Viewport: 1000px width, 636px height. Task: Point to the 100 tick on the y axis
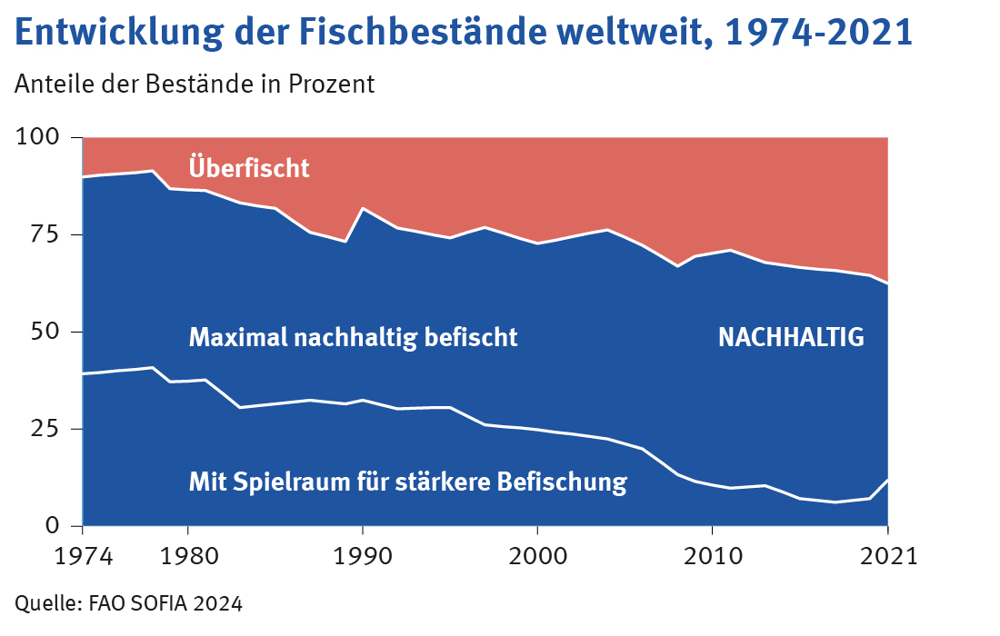pos(39,137)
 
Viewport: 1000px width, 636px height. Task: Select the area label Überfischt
pos(249,168)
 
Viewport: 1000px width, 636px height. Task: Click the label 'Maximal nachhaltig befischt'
pos(353,338)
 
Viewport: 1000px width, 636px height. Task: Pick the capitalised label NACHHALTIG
pos(791,338)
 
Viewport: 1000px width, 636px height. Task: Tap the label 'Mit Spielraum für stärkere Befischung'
pos(407,481)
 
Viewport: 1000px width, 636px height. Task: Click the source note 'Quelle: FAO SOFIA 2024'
pos(128,602)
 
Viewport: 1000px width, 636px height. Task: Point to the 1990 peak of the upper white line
pos(363,209)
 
